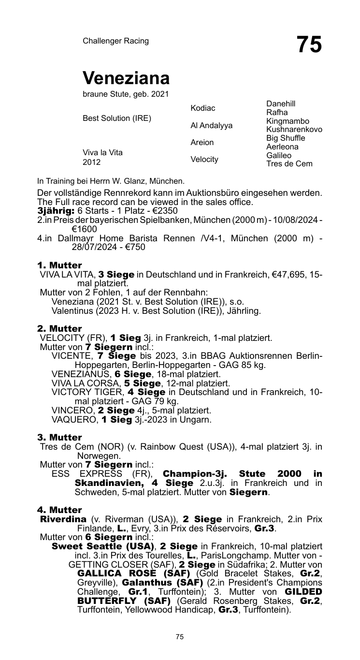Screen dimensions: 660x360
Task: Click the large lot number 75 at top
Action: pyautogui.click(x=309, y=44)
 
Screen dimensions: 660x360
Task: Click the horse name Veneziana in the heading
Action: pyautogui.click(x=126, y=78)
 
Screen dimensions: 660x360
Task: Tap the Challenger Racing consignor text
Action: pyautogui.click(x=115, y=41)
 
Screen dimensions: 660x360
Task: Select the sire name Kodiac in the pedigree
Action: pyautogui.click(x=203, y=108)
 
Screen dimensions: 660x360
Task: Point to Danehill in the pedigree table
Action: pyautogui.click(x=280, y=103)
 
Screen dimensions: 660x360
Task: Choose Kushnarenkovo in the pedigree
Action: pyautogui.click(x=294, y=130)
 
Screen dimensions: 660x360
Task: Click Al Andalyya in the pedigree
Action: pyautogui.click(x=211, y=126)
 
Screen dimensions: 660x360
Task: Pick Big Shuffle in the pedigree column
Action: pyautogui.click(x=286, y=138)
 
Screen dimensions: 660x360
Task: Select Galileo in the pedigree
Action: pyautogui.click(x=279, y=155)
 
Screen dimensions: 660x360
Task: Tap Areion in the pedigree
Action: pyautogui.click(x=202, y=143)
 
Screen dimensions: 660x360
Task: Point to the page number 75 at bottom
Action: pyautogui.click(x=180, y=637)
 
